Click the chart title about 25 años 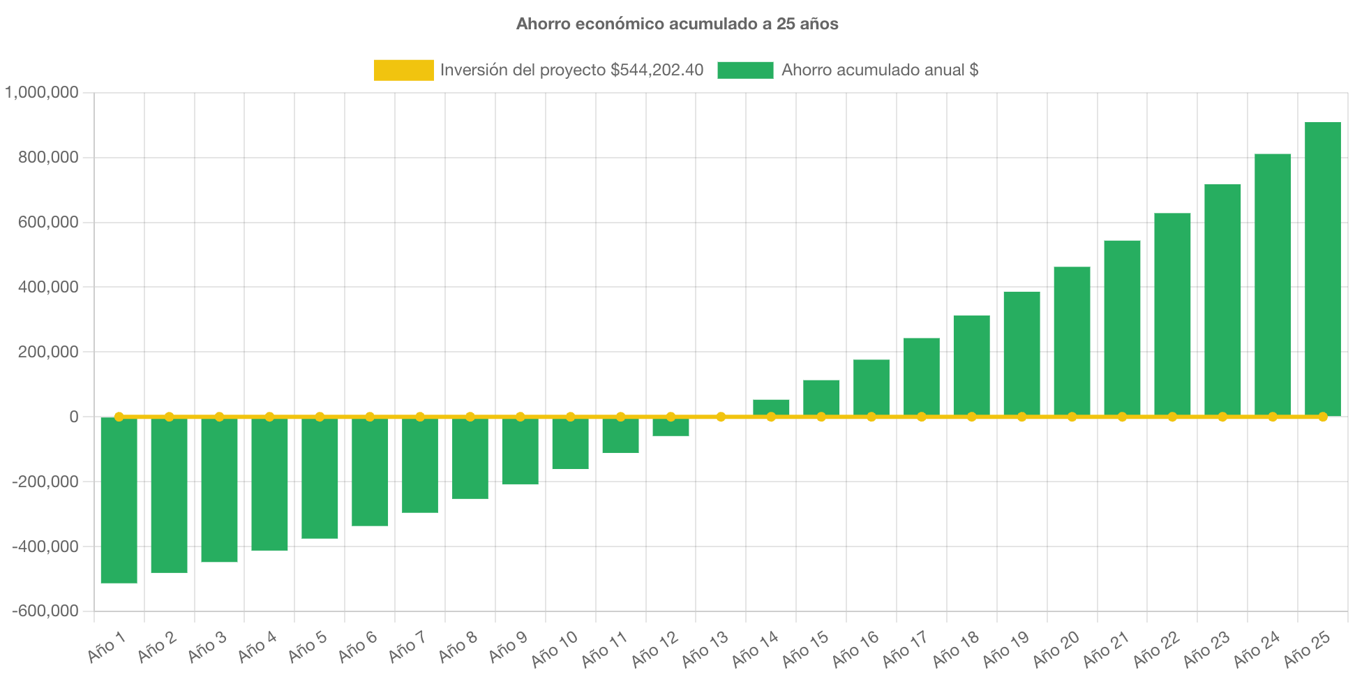(x=677, y=24)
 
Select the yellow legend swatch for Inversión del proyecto (x=403, y=70)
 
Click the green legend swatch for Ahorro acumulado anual (x=745, y=70)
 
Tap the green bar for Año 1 (x=119, y=500)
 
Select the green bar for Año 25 (x=1322, y=269)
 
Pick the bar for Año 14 (x=771, y=407)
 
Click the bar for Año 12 (x=671, y=427)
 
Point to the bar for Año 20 (x=1072, y=341)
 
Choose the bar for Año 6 (x=370, y=472)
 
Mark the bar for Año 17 (x=921, y=377)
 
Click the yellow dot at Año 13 (x=721, y=417)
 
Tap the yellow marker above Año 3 (x=219, y=417)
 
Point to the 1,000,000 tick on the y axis (x=42, y=92)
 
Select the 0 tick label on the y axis (x=73, y=417)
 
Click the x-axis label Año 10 (x=555, y=648)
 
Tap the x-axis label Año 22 (x=1156, y=648)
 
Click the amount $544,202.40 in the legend (x=657, y=70)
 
